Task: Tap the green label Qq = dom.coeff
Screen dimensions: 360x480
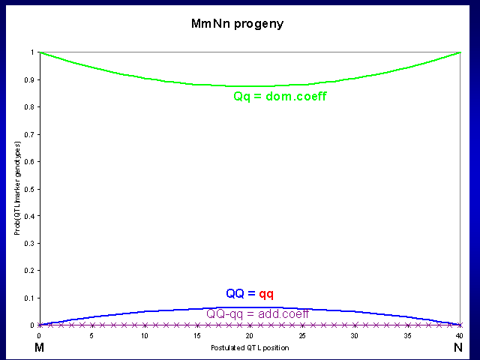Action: (280, 97)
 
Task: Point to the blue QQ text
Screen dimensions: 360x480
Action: (235, 293)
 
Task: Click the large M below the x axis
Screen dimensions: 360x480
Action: (39, 349)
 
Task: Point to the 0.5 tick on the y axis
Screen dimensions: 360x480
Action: (29, 189)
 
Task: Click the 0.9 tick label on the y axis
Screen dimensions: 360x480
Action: (29, 79)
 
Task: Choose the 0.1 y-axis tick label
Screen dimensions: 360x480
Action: (29, 298)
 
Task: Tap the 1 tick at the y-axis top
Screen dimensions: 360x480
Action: (32, 52)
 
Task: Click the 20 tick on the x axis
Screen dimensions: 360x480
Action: (249, 335)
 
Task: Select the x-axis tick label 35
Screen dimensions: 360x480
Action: (407, 335)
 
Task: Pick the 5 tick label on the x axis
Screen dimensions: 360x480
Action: (91, 335)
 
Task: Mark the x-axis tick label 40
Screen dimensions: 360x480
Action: (460, 335)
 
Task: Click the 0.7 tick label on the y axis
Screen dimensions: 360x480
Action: (29, 134)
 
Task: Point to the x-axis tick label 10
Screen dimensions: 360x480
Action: (144, 335)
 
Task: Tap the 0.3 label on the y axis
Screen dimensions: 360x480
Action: (29, 244)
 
